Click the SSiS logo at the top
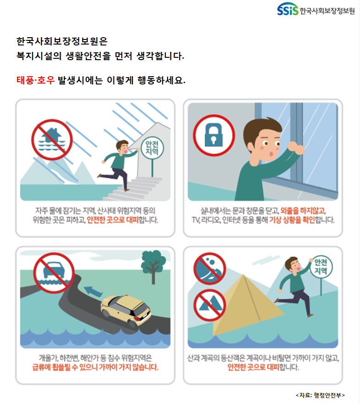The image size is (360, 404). (x=287, y=9)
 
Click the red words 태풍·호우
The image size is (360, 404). (x=35, y=80)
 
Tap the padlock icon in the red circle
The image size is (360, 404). (x=214, y=135)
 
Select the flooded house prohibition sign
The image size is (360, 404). (x=52, y=140)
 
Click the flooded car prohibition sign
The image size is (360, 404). (x=54, y=273)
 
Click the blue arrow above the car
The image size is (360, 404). (x=93, y=292)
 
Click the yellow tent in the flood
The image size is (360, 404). (x=247, y=305)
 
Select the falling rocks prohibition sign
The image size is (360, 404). (x=210, y=269)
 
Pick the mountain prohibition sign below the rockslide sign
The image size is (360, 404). (x=210, y=305)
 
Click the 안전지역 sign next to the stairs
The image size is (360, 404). (x=152, y=148)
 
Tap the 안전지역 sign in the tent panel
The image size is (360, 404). (x=321, y=267)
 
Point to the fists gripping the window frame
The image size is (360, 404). (x=296, y=148)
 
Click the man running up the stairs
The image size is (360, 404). (x=119, y=165)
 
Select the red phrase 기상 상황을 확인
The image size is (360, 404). (x=292, y=220)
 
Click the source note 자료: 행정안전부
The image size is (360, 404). (x=320, y=395)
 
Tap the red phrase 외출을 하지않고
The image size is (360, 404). (x=303, y=211)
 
